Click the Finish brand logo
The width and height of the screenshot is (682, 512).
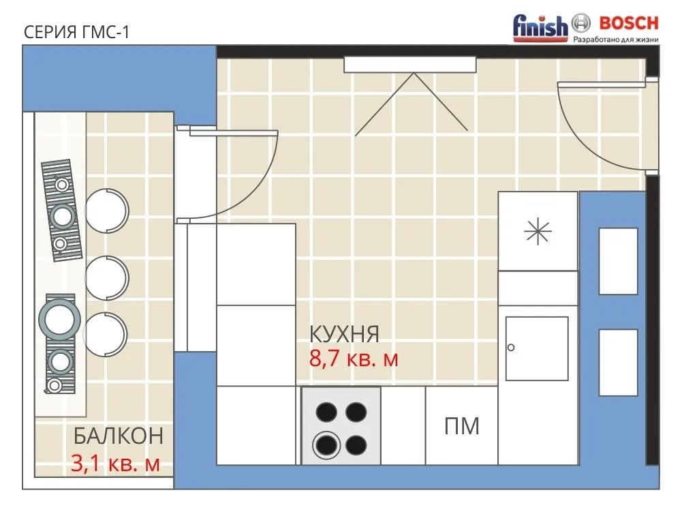pyautogui.click(x=540, y=27)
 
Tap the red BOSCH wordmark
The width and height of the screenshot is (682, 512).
pyautogui.click(x=629, y=23)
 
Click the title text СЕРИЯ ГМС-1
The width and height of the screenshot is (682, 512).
pyautogui.click(x=76, y=32)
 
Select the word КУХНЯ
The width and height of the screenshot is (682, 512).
pyautogui.click(x=345, y=334)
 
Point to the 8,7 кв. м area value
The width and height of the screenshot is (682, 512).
pyautogui.click(x=354, y=359)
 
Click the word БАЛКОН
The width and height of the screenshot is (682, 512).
pyautogui.click(x=119, y=436)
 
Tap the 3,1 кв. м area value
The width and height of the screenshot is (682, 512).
pyautogui.click(x=115, y=464)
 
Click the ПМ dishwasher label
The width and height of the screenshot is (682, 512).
pyautogui.click(x=462, y=426)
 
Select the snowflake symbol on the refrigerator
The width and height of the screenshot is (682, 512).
pyautogui.click(x=538, y=230)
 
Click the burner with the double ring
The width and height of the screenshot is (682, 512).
pyautogui.click(x=326, y=445)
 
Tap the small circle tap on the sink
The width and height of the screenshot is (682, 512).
pyautogui.click(x=511, y=348)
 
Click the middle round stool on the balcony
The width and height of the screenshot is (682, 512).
pyautogui.click(x=106, y=277)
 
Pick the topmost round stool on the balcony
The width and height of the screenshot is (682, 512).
pyautogui.click(x=107, y=211)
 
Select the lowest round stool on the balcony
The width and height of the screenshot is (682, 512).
pyautogui.click(x=105, y=334)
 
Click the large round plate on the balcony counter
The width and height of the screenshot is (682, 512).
pyautogui.click(x=59, y=320)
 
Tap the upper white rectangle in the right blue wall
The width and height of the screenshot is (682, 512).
pyautogui.click(x=618, y=261)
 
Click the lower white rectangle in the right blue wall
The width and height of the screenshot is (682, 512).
pyautogui.click(x=618, y=363)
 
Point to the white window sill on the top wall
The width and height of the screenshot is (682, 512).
pyautogui.click(x=410, y=65)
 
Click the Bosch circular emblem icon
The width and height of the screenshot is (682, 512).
pyautogui.click(x=580, y=23)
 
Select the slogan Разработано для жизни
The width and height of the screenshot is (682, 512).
pyautogui.click(x=616, y=40)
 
